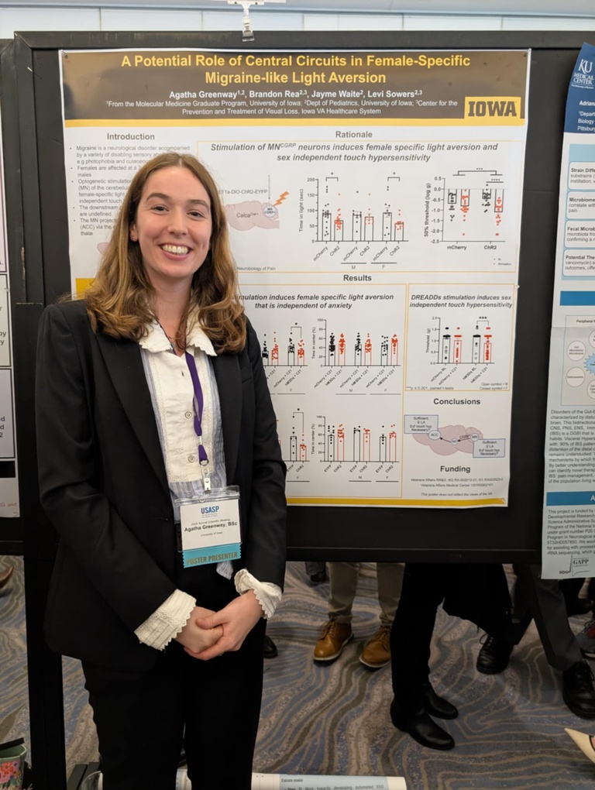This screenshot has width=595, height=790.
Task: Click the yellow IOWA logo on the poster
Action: [492, 108]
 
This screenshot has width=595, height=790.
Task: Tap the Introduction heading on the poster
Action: [130, 136]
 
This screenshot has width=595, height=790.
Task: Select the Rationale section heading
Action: [353, 134]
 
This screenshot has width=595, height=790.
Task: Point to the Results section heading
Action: [357, 277]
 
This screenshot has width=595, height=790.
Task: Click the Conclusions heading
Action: [456, 401]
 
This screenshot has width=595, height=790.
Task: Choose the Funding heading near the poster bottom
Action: [455, 469]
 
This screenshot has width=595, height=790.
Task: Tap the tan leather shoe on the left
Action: [332, 640]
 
